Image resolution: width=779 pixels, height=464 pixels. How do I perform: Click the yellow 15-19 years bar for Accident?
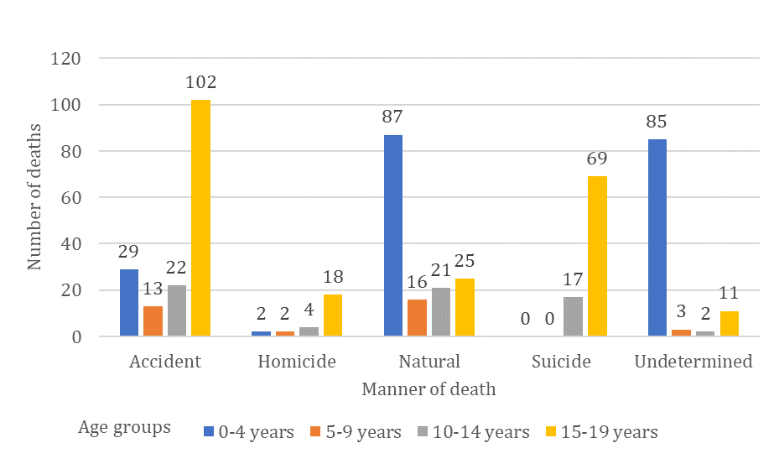pyautogui.click(x=200, y=218)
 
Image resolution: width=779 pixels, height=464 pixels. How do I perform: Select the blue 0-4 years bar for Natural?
pyautogui.click(x=393, y=236)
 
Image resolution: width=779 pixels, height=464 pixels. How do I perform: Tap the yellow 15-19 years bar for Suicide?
pyautogui.click(x=596, y=256)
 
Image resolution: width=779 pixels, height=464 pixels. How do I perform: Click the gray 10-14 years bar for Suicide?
pyautogui.click(x=573, y=317)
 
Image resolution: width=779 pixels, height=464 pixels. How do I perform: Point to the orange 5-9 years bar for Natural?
pyautogui.click(x=417, y=318)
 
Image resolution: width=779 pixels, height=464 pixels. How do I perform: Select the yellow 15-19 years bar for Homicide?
pyautogui.click(x=333, y=315)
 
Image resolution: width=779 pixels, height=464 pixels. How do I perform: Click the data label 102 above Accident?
pyautogui.click(x=201, y=83)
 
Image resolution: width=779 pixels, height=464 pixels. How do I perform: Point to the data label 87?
pyautogui.click(x=393, y=118)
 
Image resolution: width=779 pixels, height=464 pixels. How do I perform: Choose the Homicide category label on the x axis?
pyautogui.click(x=297, y=362)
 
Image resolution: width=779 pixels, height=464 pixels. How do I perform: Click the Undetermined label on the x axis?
pyautogui.click(x=693, y=362)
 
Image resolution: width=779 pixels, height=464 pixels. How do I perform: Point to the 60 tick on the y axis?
pyautogui.click(x=70, y=198)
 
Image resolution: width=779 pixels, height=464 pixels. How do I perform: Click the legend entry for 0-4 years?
pyautogui.click(x=249, y=432)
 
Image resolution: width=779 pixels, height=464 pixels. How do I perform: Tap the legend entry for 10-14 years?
pyautogui.click(x=477, y=432)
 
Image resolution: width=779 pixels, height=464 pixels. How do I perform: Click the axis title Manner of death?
pyautogui.click(x=428, y=389)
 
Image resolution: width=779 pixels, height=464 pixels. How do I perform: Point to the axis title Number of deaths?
pyautogui.click(x=34, y=197)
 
